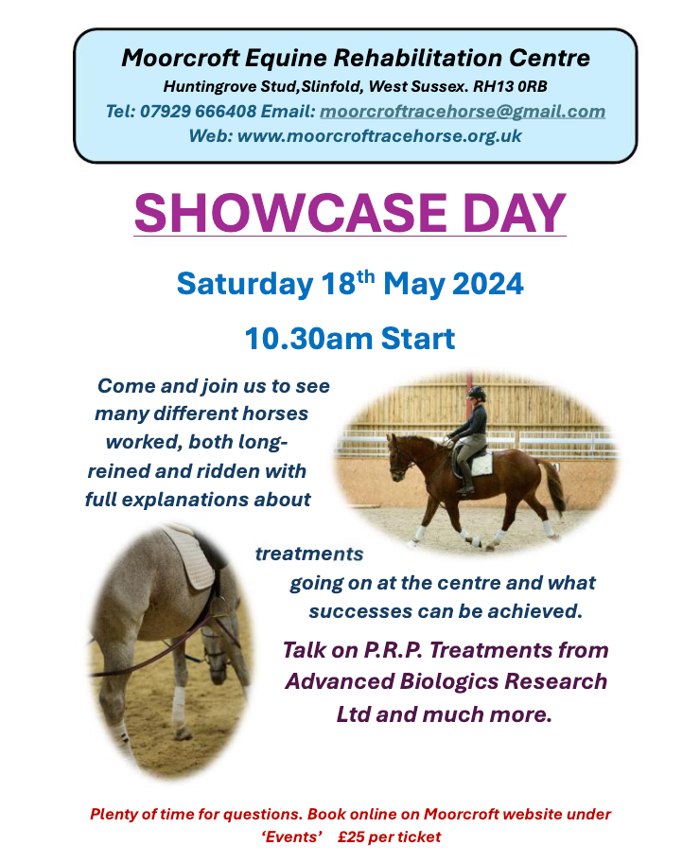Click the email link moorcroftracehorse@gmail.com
click(463, 112)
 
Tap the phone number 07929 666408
click(198, 111)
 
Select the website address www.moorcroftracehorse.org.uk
click(379, 136)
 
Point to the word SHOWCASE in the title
click(290, 213)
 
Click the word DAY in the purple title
click(514, 213)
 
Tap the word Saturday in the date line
click(245, 285)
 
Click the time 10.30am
click(308, 338)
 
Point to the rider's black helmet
click(477, 393)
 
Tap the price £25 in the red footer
click(351, 837)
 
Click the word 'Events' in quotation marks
click(291, 837)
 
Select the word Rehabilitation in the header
click(418, 58)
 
